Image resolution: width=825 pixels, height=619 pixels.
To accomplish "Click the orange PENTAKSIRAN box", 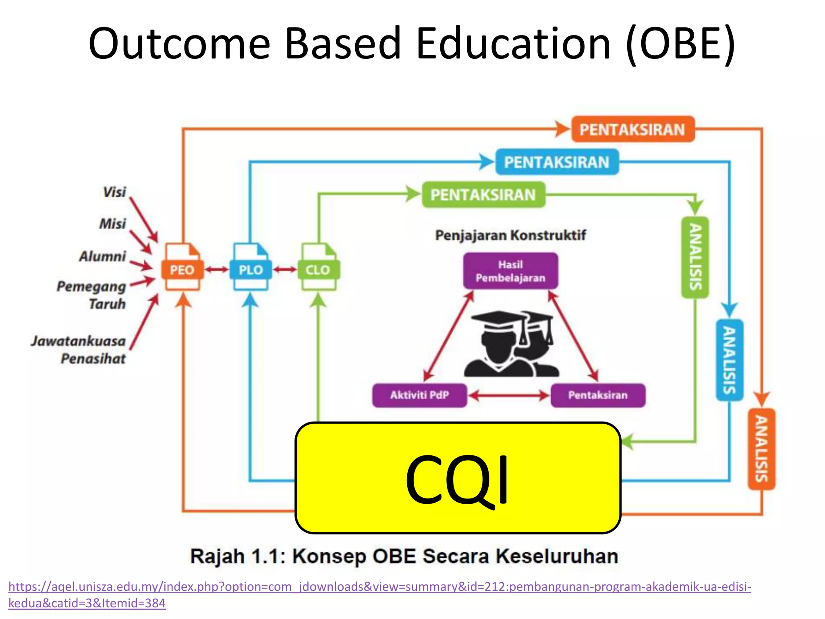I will click(x=633, y=129).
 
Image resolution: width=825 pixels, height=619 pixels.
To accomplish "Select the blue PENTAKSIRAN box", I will click(x=557, y=162).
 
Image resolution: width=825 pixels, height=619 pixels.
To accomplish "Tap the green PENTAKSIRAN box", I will click(x=483, y=195).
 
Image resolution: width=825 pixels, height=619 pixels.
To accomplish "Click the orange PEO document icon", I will click(x=182, y=267).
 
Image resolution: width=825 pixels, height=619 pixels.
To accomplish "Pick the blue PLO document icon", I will click(x=251, y=267).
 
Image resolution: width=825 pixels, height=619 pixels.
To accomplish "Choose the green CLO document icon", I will click(x=318, y=267).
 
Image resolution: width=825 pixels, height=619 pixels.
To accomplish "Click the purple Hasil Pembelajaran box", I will click(x=510, y=271).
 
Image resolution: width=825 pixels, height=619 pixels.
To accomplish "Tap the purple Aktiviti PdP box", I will click(x=419, y=395).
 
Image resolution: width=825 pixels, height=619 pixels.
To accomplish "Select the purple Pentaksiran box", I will click(x=598, y=395).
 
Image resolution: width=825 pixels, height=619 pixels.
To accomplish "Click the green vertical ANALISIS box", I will click(x=695, y=258).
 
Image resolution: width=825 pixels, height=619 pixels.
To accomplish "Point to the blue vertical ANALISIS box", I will click(x=729, y=360).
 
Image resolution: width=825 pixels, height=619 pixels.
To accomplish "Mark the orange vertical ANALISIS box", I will click(x=761, y=449).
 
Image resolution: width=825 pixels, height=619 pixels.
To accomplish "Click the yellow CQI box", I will click(x=458, y=478).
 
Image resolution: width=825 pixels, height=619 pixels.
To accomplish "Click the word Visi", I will click(x=114, y=192).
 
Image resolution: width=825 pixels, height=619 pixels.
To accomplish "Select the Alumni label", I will click(x=103, y=256).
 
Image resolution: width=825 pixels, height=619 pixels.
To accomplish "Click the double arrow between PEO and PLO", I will click(x=217, y=269).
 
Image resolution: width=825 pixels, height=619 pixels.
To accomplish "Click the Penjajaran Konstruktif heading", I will click(x=510, y=235).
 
